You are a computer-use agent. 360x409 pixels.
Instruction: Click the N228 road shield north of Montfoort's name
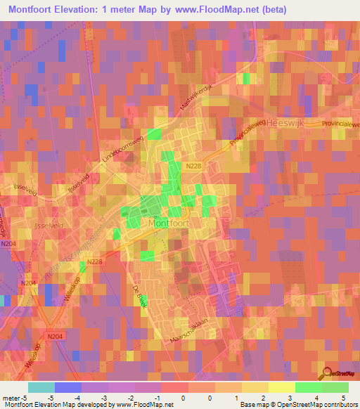click(x=194, y=166)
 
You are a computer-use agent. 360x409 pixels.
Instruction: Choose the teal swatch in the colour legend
click(x=41, y=387)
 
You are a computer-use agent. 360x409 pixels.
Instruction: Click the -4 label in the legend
click(x=77, y=397)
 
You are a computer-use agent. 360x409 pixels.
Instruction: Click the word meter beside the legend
click(x=11, y=397)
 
